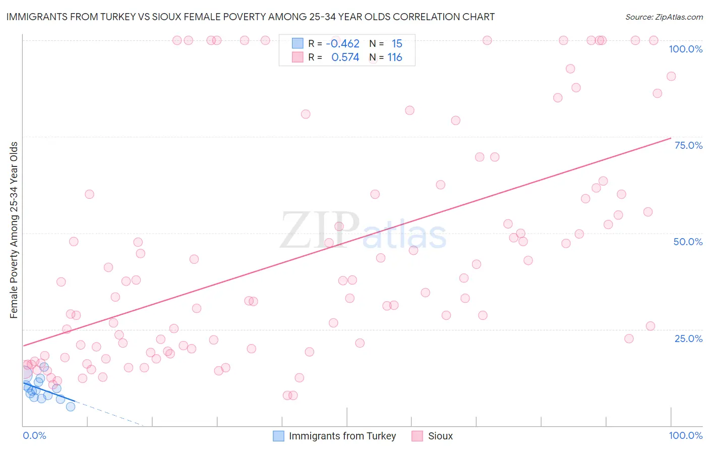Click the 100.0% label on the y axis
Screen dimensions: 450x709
click(x=685, y=49)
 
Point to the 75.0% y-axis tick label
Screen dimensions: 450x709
click(x=688, y=145)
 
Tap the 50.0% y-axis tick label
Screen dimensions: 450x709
click(x=688, y=242)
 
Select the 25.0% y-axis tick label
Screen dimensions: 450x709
click(x=688, y=339)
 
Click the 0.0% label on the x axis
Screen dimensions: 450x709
click(x=34, y=435)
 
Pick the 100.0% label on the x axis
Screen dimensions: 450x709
click(x=685, y=435)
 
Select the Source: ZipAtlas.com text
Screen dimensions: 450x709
click(x=664, y=17)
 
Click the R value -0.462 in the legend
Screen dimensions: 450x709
click(x=342, y=43)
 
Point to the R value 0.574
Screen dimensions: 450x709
click(x=345, y=58)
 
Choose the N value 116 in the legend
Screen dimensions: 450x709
click(x=394, y=58)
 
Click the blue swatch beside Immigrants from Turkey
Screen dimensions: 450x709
click(x=278, y=436)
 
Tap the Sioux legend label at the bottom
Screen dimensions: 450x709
click(x=440, y=436)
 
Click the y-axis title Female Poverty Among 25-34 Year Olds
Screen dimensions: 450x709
click(x=14, y=230)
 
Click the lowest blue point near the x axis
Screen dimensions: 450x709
click(x=71, y=407)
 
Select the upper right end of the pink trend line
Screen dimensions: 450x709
click(x=671, y=138)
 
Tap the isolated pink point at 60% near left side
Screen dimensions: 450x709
click(x=89, y=194)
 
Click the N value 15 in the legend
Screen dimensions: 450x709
click(x=397, y=43)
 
